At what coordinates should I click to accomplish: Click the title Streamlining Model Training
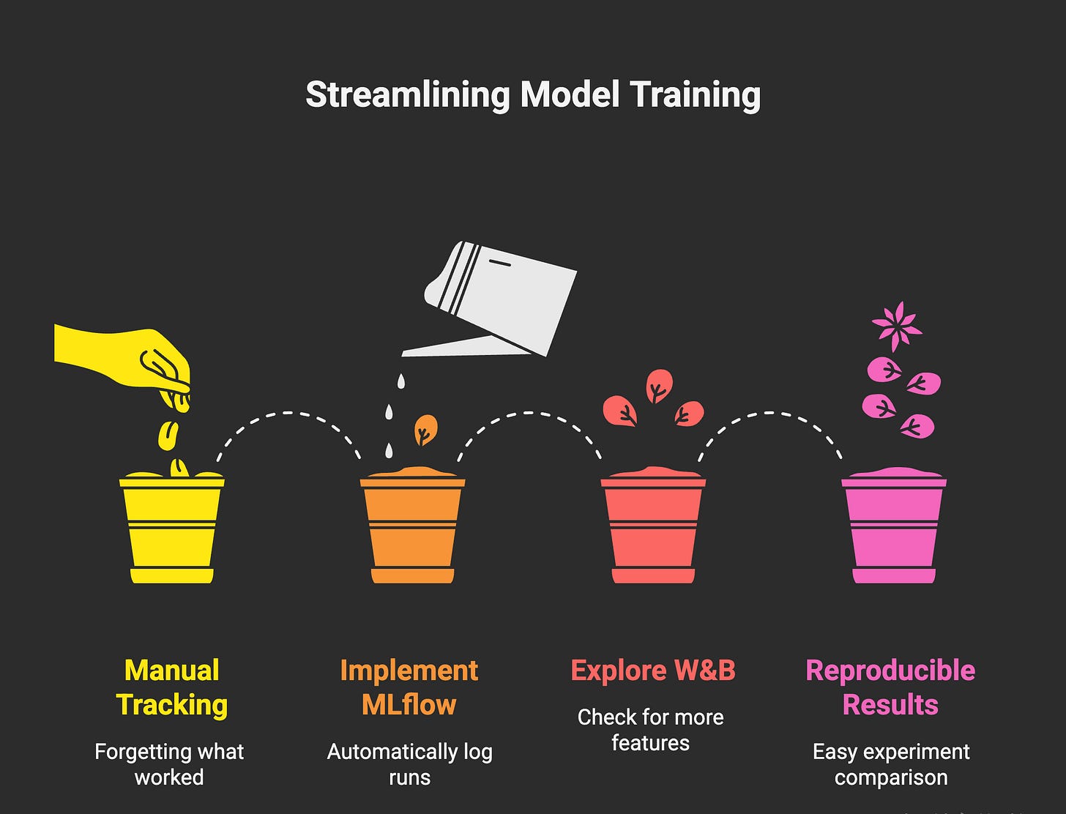(532, 95)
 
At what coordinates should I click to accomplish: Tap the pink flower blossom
(896, 326)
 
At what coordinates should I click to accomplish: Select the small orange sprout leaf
(425, 430)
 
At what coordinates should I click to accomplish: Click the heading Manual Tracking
(171, 687)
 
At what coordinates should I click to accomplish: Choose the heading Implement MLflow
(409, 687)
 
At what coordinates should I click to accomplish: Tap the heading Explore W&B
(652, 671)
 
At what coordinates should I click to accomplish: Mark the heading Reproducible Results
(890, 687)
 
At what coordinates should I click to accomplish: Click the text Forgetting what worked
(169, 764)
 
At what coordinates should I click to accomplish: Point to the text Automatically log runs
(409, 764)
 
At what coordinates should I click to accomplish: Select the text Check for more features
(650, 730)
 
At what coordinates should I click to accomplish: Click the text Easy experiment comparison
(891, 764)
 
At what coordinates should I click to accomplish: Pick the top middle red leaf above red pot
(659, 386)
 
